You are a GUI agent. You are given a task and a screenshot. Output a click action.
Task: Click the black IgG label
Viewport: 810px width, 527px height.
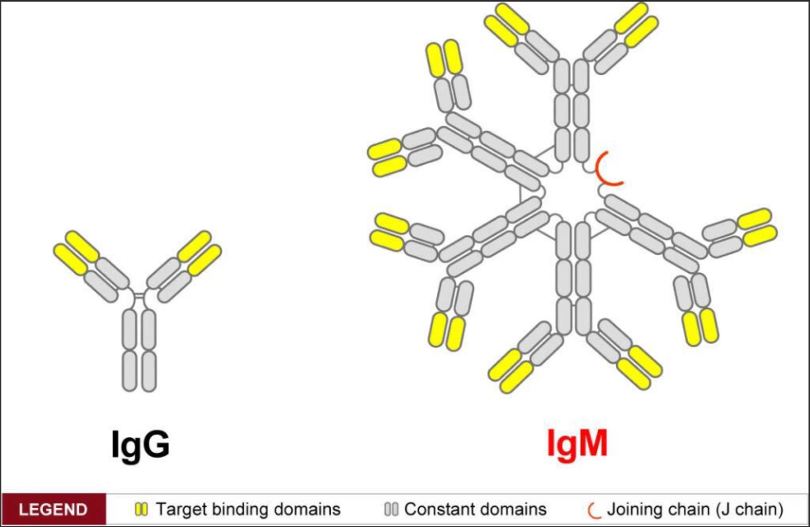click(140, 445)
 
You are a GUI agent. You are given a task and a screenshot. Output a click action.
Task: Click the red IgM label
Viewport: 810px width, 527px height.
click(577, 444)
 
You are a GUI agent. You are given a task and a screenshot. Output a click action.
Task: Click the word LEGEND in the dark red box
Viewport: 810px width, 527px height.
click(54, 510)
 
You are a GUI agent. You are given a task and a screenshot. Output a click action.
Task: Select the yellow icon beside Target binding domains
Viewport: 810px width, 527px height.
click(141, 510)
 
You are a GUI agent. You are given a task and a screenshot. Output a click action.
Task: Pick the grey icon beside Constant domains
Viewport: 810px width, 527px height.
click(392, 510)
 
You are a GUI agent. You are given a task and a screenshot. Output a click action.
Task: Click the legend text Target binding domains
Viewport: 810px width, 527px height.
click(248, 510)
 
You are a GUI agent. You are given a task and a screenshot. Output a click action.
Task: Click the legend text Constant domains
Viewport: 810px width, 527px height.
click(475, 510)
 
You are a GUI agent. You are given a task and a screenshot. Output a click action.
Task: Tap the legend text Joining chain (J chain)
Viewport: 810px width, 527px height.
click(695, 510)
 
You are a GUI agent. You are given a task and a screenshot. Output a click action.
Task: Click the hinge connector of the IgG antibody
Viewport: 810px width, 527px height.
click(139, 296)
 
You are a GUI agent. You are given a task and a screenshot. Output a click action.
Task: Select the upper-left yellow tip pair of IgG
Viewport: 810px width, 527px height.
click(76, 252)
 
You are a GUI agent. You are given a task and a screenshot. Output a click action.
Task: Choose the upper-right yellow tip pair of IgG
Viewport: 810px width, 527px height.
click(200, 253)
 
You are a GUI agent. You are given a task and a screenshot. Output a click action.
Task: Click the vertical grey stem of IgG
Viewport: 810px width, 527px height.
click(139, 350)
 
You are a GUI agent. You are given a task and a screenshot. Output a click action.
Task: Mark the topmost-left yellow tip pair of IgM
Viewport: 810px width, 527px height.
click(506, 24)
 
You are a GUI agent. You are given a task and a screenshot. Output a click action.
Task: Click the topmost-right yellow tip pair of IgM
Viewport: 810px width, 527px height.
click(636, 24)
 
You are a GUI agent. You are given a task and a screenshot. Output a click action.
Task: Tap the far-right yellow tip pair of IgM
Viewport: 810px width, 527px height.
click(756, 227)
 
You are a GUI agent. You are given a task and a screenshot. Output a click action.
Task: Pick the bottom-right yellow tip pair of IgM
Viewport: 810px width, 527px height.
click(639, 368)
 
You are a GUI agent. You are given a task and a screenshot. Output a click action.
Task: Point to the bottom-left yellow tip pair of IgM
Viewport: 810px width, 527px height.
click(511, 370)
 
